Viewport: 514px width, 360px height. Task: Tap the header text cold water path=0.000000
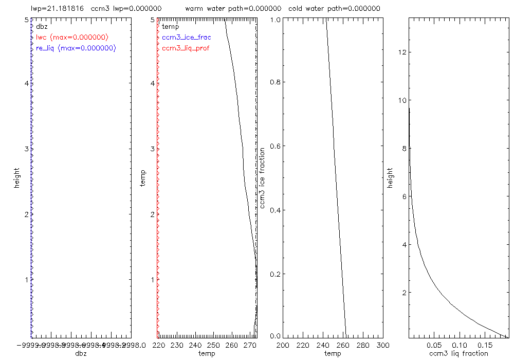pos(334,9)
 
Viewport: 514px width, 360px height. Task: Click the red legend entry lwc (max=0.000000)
pos(72,37)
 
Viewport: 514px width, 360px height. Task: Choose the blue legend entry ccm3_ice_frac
pos(186,37)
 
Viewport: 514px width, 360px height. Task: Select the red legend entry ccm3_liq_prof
pos(186,48)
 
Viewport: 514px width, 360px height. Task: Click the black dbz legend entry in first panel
pos(42,26)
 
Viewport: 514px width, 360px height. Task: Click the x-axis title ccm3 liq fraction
pos(459,353)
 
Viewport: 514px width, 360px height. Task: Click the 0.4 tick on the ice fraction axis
pos(276,210)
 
